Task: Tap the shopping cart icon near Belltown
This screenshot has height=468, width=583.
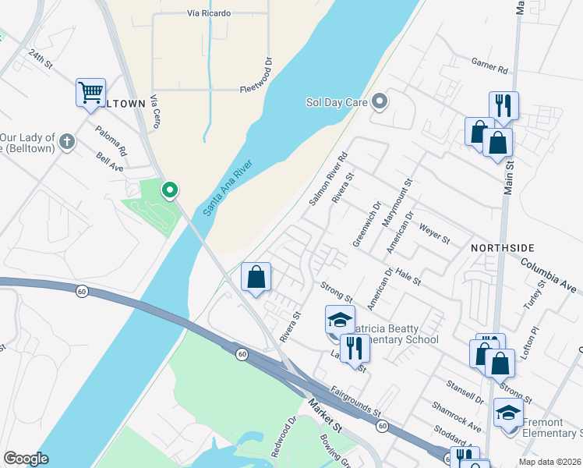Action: coord(90,93)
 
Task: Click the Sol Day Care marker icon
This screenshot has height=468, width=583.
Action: coord(380,101)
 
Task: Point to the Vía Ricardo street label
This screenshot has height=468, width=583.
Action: coord(209,14)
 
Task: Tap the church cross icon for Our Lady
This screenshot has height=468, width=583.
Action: coord(68,142)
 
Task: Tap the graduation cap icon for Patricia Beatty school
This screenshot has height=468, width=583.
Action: coord(340,320)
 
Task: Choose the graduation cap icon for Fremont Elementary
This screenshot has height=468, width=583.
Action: coord(508,412)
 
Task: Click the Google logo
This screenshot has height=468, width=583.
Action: coord(26,459)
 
